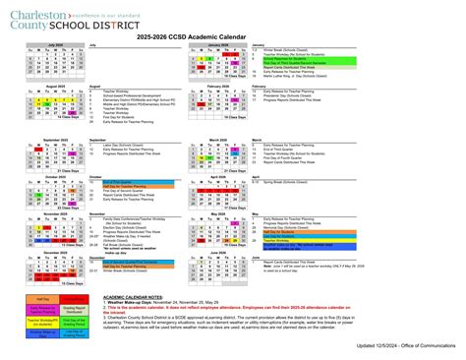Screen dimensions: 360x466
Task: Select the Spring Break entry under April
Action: (x=286, y=181)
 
